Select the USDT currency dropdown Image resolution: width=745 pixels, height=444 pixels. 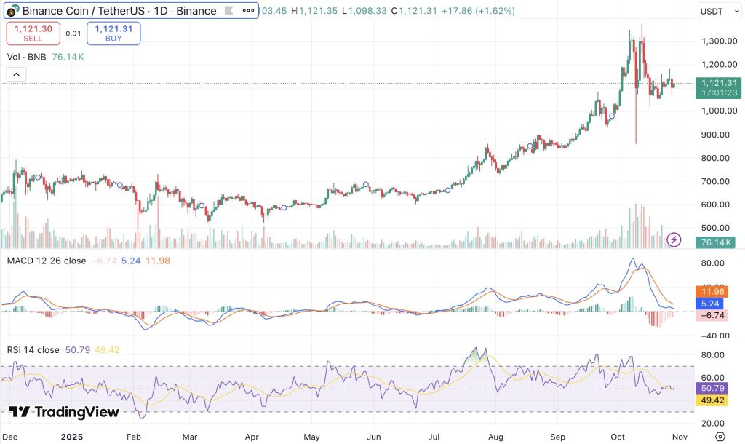point(714,11)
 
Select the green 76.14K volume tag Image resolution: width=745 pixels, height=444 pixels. point(714,242)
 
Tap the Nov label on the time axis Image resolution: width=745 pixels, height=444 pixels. point(677,435)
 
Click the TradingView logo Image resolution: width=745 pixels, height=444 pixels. point(64,412)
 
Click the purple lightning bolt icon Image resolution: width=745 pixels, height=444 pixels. point(674,239)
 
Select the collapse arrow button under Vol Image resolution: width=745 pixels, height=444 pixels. point(16,74)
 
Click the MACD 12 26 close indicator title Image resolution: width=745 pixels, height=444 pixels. point(46,261)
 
